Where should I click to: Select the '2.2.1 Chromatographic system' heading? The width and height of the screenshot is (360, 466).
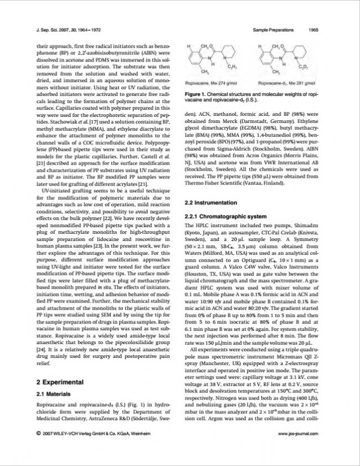(x=223, y=216)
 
